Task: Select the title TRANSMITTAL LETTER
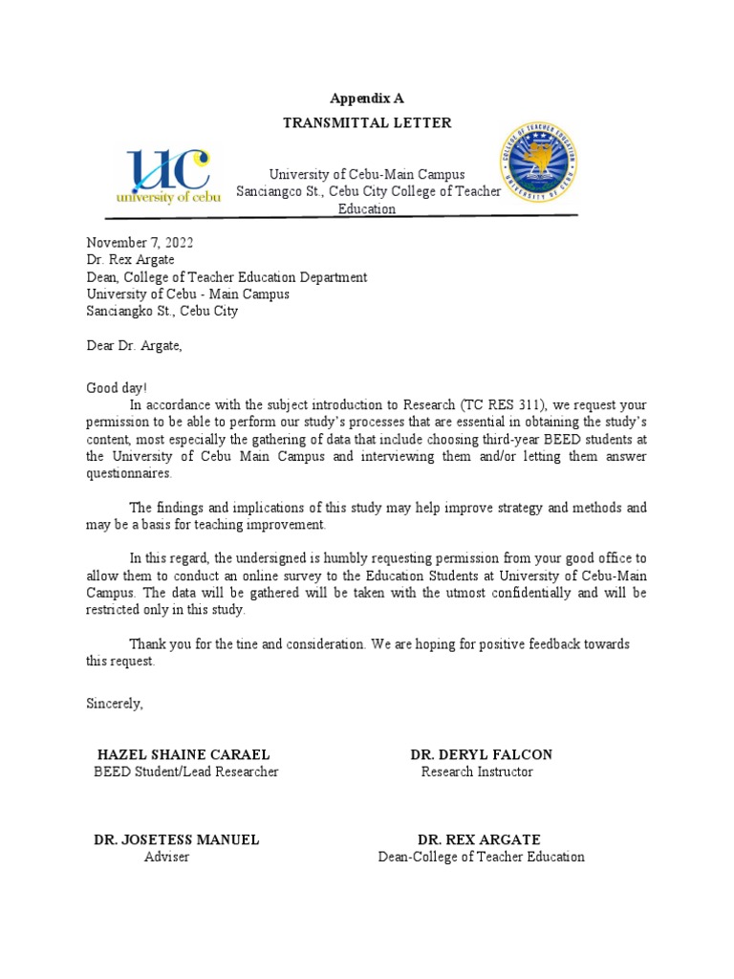point(367,123)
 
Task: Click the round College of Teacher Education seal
point(538,162)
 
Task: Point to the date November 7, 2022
point(140,243)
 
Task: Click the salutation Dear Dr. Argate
point(134,346)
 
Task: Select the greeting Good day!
point(118,388)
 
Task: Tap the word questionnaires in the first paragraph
point(130,473)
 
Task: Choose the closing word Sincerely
point(115,704)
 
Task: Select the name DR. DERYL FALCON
point(481,754)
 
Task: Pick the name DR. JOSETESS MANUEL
point(176,839)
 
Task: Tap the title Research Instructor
point(477,772)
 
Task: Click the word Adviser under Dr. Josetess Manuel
point(166,857)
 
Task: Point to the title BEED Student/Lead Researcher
point(185,772)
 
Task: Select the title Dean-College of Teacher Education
point(481,857)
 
